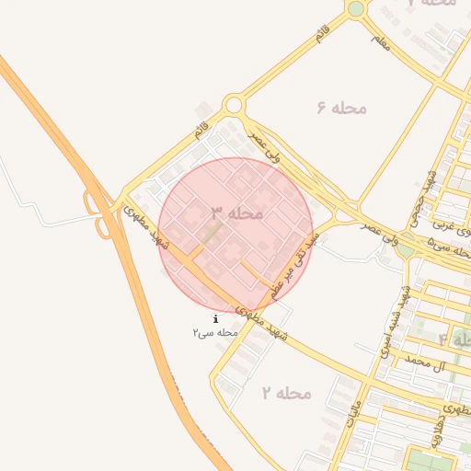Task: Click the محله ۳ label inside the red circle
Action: pos(237,213)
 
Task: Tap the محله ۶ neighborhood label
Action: pos(341,108)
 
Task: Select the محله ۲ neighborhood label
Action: pos(286,394)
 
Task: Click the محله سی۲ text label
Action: pos(215,331)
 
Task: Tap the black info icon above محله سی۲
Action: pos(215,318)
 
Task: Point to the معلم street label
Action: pos(380,40)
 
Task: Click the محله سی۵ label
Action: pos(443,243)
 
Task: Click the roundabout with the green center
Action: pos(356,9)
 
